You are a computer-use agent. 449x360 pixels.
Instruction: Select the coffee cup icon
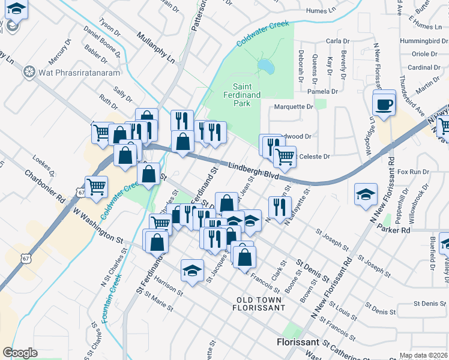tap(384, 105)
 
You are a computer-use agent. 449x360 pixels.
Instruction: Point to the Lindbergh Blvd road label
tap(254, 171)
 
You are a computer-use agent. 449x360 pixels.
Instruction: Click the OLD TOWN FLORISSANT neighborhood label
tap(259, 303)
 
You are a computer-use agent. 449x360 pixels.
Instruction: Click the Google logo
tap(20, 352)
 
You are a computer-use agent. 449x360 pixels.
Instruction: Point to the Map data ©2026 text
tap(423, 355)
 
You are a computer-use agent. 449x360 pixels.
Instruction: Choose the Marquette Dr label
tap(294, 107)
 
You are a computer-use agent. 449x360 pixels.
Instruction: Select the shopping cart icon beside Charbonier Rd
tap(96, 187)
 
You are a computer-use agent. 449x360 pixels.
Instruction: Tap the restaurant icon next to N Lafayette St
tap(279, 207)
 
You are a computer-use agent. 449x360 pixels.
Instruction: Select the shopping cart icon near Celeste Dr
tap(285, 157)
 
